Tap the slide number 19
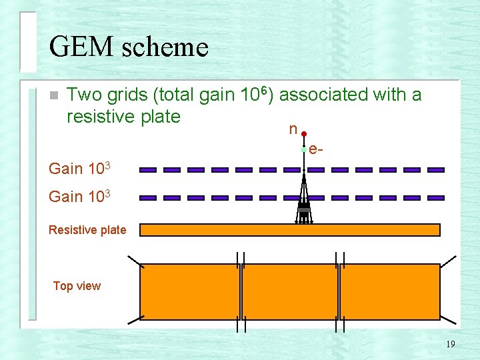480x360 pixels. [x=451, y=345]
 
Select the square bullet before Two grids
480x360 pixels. [x=54, y=95]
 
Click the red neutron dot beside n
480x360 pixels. [x=303, y=134]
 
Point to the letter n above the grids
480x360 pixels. [x=293, y=129]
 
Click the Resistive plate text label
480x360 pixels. [x=87, y=230]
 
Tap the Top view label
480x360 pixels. [x=77, y=286]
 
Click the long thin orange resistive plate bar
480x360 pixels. [x=289, y=230]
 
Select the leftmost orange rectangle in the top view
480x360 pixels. [x=189, y=292]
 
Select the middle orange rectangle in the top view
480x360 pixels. [x=290, y=292]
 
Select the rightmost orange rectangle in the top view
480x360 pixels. [x=390, y=292]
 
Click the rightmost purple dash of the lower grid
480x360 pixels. [x=436, y=198]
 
